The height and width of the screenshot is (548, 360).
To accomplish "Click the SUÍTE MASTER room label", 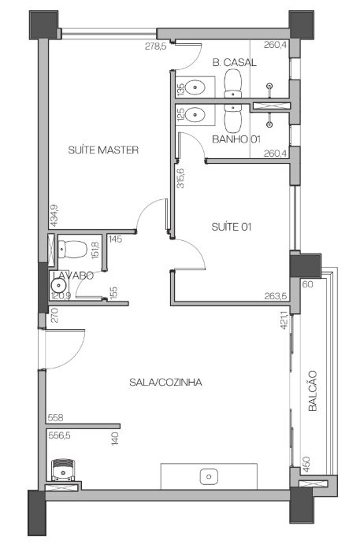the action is click(x=103, y=150).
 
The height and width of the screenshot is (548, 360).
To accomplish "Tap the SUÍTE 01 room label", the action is click(x=232, y=227).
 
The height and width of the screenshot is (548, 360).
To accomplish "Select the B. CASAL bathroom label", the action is click(x=235, y=62).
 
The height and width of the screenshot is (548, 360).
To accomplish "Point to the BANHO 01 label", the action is click(x=236, y=139).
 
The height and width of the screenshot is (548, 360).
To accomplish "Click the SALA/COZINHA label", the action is click(x=165, y=382).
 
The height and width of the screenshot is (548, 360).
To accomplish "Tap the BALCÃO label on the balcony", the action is click(x=313, y=391).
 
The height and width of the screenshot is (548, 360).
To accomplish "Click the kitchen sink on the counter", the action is click(x=209, y=476).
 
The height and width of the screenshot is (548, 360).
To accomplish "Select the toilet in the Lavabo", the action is click(x=72, y=249).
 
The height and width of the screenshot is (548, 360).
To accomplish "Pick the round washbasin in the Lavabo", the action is click(x=58, y=287).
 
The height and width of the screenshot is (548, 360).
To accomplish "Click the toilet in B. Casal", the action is click(x=232, y=83).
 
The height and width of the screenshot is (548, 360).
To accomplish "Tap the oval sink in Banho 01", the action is click(x=195, y=114).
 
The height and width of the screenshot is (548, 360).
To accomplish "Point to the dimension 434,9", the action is click(x=54, y=215).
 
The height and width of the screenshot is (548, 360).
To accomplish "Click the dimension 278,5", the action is click(x=156, y=46).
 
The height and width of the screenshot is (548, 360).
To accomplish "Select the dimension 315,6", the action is click(x=180, y=178).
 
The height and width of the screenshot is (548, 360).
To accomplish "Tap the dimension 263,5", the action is click(x=276, y=296).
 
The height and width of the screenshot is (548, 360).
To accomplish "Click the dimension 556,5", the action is click(x=59, y=435).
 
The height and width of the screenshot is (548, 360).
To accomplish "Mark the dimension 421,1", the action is click(x=284, y=320).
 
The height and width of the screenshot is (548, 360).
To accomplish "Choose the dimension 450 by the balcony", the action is click(x=306, y=465).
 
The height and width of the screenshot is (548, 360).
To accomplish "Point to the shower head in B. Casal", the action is click(x=269, y=86).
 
